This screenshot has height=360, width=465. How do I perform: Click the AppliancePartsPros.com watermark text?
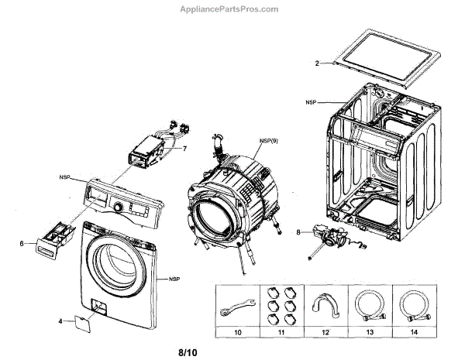pyautogui.click(x=232, y=10)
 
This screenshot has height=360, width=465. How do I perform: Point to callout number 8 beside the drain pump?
pyautogui.click(x=298, y=231)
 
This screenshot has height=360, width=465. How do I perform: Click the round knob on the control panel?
pyautogui.click(x=119, y=207)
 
